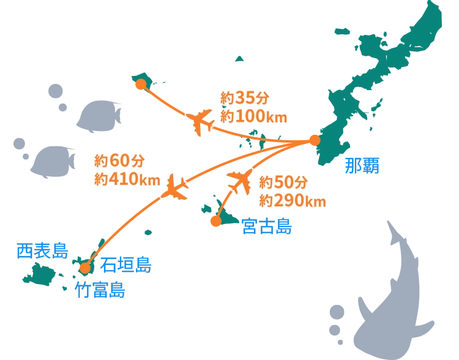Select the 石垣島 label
[127, 265]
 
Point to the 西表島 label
[42, 250]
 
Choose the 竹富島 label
[100, 289]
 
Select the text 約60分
[119, 161]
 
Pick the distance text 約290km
[292, 200]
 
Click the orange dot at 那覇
[314, 141]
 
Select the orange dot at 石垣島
[86, 268]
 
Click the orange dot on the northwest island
[140, 84]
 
